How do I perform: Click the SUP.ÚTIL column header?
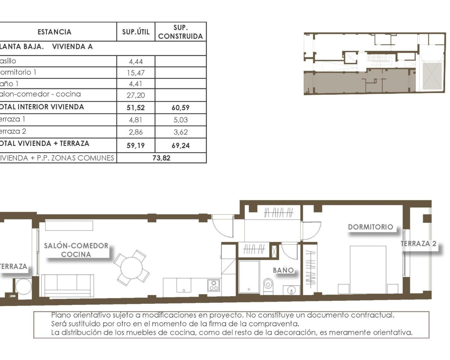point(136,32)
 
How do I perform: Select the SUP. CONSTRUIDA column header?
point(180,32)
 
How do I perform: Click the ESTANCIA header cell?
point(54,32)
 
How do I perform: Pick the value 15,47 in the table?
point(136,73)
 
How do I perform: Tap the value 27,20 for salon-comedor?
point(136,95)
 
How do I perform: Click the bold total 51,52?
point(136,108)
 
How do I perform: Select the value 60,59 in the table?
point(180,108)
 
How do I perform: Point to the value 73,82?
point(161,158)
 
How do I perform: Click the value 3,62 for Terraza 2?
point(180,132)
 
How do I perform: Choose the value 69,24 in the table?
point(180,145)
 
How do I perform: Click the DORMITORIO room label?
point(371,227)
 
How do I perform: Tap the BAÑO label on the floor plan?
point(283,270)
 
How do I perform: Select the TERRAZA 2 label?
point(418,244)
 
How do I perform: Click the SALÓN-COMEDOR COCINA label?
point(76,250)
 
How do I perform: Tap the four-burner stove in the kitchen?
point(213,285)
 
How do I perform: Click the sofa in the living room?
point(67,285)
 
